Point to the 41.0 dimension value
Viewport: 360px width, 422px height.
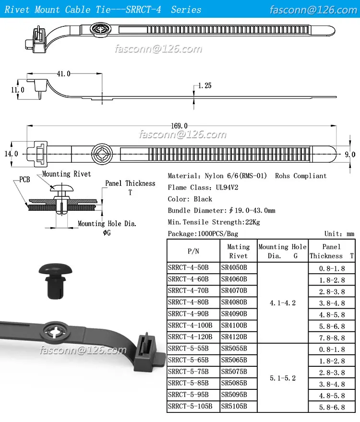(x=64, y=73)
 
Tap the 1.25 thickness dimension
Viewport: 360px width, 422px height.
(x=204, y=86)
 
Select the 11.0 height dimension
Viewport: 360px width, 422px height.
(x=17, y=90)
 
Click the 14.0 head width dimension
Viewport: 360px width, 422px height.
(x=11, y=154)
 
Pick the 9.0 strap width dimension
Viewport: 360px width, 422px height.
(x=350, y=154)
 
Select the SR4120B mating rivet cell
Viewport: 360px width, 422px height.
(x=234, y=337)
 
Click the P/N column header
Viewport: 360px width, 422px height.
(x=193, y=251)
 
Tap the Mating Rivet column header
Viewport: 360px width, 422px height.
(x=238, y=251)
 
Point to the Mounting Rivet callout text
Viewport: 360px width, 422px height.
(x=66, y=174)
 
